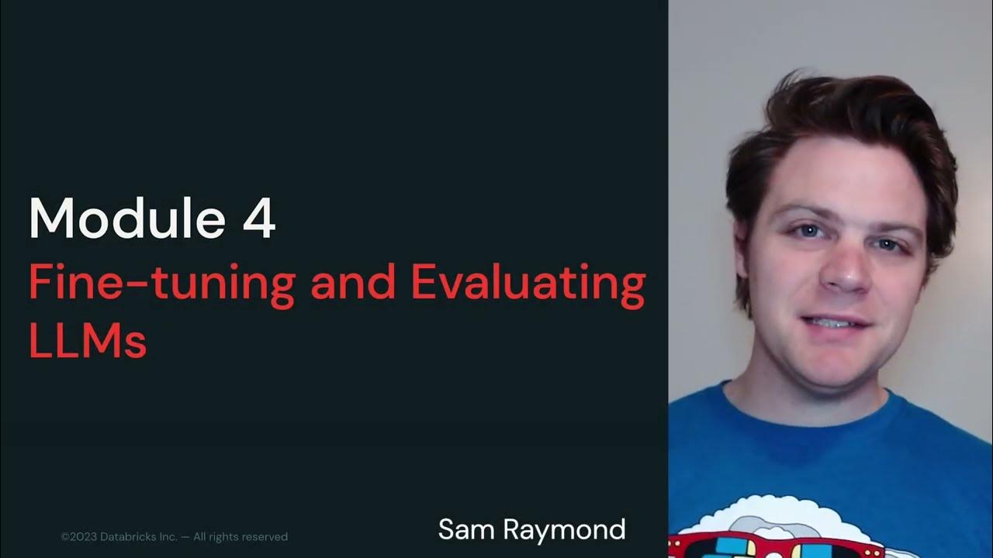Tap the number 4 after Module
click(x=259, y=219)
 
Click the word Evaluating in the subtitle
click(x=528, y=284)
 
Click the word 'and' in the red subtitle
click(x=354, y=284)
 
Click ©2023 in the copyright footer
click(x=81, y=536)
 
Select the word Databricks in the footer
click(x=130, y=536)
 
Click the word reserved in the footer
click(x=265, y=536)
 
